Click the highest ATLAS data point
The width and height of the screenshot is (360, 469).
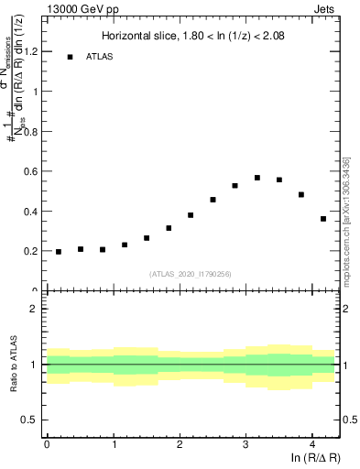257,178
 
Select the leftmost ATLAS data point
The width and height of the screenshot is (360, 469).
59,252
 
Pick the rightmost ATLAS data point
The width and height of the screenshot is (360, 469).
323,219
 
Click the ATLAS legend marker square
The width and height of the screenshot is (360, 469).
70,57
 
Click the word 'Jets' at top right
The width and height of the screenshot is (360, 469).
325,7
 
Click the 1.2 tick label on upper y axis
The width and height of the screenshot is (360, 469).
35,52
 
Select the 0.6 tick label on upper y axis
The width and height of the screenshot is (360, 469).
35,171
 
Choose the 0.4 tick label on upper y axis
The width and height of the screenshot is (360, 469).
35,212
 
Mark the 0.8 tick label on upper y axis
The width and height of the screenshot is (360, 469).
35,132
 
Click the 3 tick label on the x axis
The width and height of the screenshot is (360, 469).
245,445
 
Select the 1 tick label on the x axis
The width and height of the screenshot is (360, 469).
114,445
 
